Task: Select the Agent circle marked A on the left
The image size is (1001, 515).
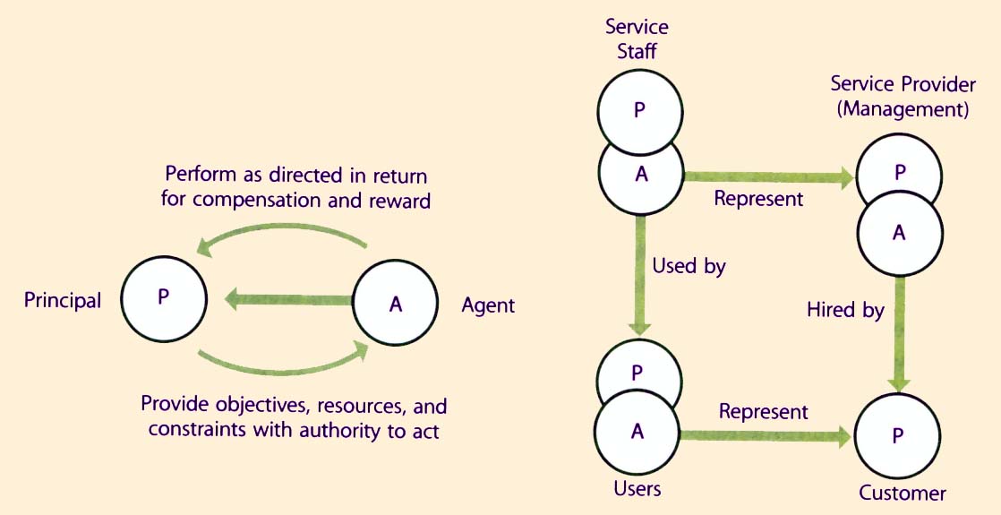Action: click(396, 304)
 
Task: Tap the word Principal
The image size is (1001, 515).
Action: click(63, 301)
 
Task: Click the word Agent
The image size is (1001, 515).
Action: click(488, 305)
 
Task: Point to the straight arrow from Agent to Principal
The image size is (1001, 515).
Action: click(287, 300)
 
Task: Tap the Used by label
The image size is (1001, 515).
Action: click(689, 266)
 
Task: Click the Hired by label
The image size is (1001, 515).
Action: click(845, 311)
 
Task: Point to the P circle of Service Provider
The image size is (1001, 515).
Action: click(899, 170)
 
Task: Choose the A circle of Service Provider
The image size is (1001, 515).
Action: click(899, 233)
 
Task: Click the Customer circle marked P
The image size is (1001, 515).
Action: click(898, 434)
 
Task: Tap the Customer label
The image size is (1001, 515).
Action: click(902, 493)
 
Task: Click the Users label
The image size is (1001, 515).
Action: click(637, 489)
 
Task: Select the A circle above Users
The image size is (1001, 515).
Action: click(637, 432)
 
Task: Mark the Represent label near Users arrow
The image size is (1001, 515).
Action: click(763, 412)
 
